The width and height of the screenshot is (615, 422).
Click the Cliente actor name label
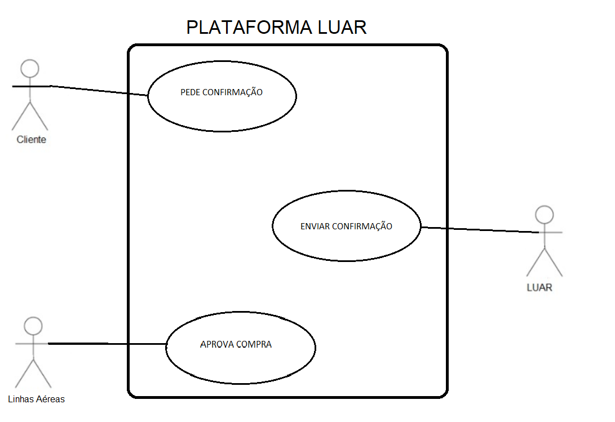(x=32, y=140)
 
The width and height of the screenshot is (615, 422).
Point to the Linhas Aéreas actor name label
(x=37, y=399)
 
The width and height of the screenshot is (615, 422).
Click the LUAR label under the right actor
(x=539, y=287)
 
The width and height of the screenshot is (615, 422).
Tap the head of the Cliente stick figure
(x=30, y=69)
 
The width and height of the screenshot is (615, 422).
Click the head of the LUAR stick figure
(x=544, y=215)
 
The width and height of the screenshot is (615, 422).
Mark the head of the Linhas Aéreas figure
(x=33, y=326)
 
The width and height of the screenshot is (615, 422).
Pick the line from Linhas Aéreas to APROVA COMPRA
(x=107, y=344)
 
